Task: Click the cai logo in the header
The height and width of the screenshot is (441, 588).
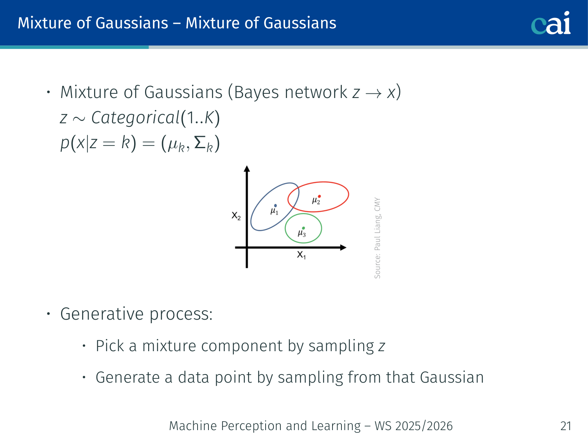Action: coord(551,23)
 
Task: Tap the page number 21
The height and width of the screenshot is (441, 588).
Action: coord(566,426)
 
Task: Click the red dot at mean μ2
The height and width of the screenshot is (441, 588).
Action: coord(319,196)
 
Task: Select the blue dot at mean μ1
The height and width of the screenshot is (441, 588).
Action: coord(275,206)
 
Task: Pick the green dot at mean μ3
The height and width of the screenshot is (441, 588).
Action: coord(303,228)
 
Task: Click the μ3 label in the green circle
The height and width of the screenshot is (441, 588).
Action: coord(302,233)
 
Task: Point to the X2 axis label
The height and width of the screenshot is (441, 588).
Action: coord(236,215)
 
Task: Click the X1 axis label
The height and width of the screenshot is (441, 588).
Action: coord(301,255)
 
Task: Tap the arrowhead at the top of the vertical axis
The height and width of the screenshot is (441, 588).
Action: coord(247,168)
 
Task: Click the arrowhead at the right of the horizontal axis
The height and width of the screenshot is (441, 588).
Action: coord(343,247)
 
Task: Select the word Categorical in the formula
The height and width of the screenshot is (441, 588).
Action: coord(136,118)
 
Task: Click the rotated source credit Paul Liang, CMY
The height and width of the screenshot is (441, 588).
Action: coord(377,238)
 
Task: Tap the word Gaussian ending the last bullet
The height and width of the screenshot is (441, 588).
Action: coord(451,377)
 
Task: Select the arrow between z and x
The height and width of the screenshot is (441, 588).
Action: coord(373,93)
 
